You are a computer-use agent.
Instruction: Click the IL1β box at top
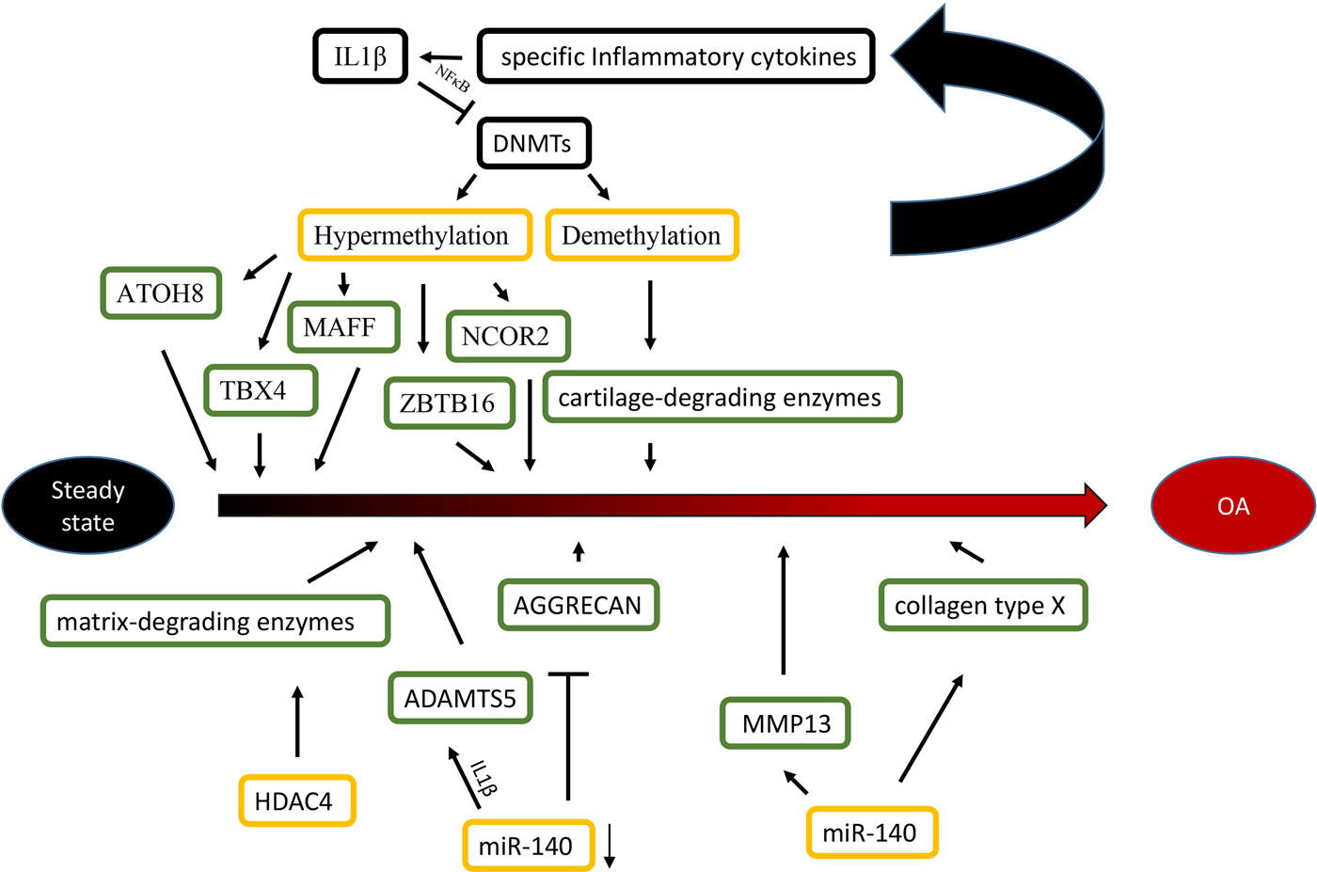coord(360,56)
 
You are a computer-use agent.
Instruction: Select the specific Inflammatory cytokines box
coord(676,56)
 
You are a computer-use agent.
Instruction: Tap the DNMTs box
coord(533,144)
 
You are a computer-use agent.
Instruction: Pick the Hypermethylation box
coord(414,235)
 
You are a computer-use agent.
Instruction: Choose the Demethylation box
coord(642,235)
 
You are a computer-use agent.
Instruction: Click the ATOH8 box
coord(161,293)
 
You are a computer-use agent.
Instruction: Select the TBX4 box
coord(260,390)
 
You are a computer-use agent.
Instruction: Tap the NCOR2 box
coord(508,336)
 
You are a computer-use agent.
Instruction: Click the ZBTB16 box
coord(449,404)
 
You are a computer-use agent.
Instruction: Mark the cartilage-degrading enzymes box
coord(722,397)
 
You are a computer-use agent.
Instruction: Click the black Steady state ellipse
coord(88,506)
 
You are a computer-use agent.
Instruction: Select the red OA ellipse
coord(1232,506)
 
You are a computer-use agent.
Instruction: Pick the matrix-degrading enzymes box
coord(214,622)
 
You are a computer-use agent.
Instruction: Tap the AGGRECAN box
coord(578,605)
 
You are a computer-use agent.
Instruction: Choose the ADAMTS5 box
coord(460,698)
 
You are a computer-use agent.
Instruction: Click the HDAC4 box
coord(296,801)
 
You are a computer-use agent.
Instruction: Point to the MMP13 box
coord(785,723)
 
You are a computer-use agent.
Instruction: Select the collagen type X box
coord(982,606)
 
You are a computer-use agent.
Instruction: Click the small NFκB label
coord(452,78)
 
